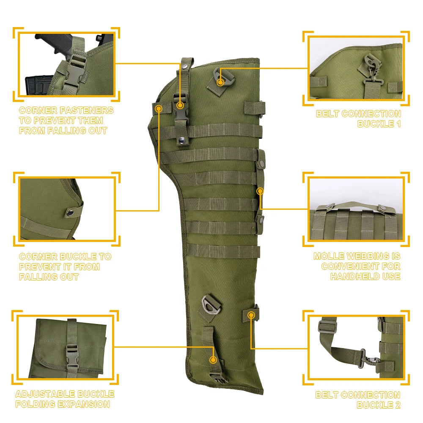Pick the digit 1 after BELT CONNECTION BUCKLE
point(397,124)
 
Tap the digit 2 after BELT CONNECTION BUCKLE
point(396,405)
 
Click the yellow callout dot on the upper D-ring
point(220,82)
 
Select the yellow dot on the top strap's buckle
point(181,105)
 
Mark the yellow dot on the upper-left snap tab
point(159,109)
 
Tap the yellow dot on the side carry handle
point(260,191)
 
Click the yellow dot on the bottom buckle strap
point(214,360)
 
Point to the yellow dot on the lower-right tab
point(251,315)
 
